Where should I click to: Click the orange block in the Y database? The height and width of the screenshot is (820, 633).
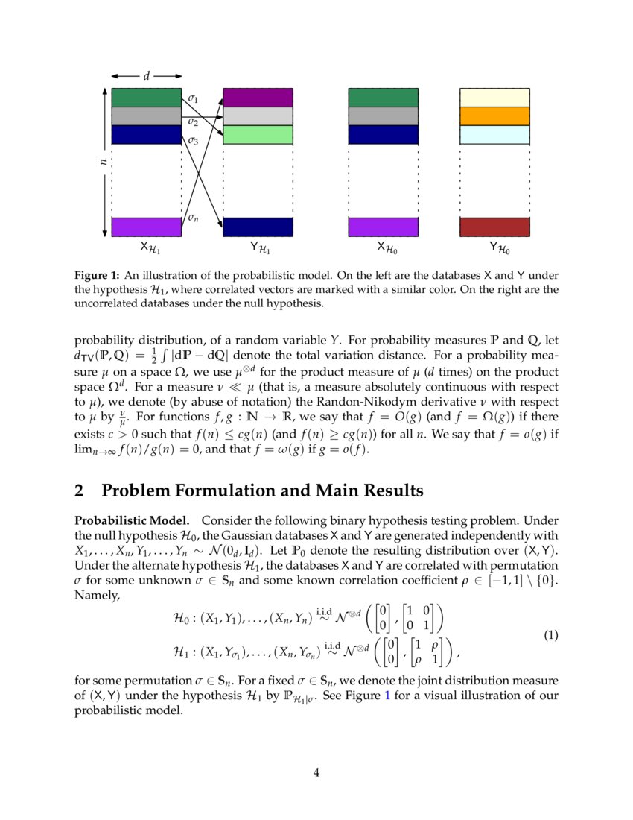coord(494,116)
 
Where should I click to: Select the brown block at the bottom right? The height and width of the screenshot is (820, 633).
coord(494,227)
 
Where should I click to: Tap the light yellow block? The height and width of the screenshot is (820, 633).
coord(494,98)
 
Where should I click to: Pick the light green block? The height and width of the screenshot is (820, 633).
coord(258,135)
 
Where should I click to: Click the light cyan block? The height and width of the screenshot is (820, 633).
coord(494,135)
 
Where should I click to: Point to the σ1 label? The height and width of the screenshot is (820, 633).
coord(193,98)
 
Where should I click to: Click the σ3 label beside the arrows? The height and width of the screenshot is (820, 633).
coord(193,139)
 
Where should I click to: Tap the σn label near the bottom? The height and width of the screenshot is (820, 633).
coord(193,218)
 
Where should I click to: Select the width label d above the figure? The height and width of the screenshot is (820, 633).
coord(146,75)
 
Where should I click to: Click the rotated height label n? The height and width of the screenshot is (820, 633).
coord(104,161)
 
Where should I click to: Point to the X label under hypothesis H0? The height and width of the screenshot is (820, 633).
coord(384,247)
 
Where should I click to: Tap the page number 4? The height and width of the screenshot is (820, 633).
coord(316,772)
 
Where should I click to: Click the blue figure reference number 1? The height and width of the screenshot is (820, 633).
coord(385,696)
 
